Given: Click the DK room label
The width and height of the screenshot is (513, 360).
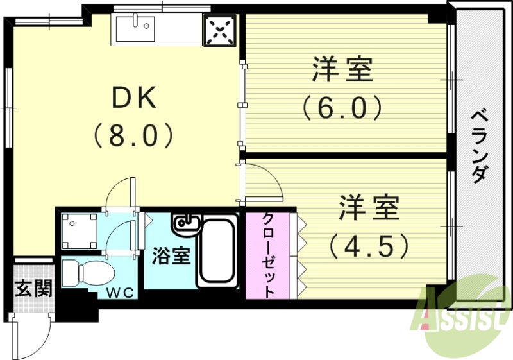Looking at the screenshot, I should (x=134, y=98).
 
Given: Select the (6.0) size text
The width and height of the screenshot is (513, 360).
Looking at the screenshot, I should (x=342, y=108).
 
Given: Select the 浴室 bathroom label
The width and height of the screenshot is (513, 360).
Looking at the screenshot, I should (x=171, y=256).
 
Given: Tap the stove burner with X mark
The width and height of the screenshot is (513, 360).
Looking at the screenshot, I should (x=221, y=30).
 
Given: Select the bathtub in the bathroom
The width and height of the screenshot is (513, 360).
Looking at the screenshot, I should (x=218, y=253).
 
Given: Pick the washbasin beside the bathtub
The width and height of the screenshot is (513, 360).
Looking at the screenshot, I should (x=186, y=224).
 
